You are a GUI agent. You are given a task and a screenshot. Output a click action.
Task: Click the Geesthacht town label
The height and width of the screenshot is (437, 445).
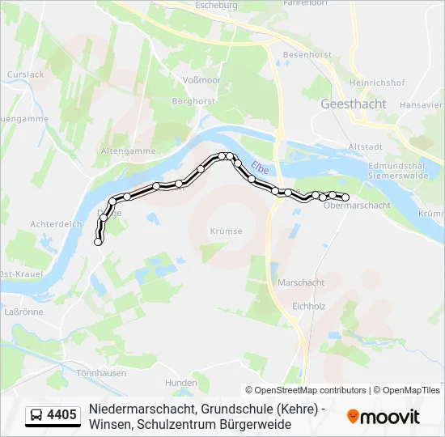pos(353,104)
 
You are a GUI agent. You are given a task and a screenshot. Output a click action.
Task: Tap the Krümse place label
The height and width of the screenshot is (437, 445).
pos(226,231)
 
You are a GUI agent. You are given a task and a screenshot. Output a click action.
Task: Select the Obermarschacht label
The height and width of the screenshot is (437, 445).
pos(356,206)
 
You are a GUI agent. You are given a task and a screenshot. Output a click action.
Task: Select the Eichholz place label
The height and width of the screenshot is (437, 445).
pos(308,307)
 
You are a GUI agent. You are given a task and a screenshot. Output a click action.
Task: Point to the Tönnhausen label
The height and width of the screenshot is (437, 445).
pos(101,373)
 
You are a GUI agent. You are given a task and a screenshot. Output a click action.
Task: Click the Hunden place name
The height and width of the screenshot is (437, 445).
pos(180,382)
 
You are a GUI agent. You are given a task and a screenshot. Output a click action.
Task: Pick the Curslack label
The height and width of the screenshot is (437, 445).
pos(25,74)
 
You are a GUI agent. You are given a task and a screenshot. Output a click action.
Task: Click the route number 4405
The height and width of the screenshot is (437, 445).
pos(61,415)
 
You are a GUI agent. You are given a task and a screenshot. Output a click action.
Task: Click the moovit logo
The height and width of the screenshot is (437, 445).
pos(384,417)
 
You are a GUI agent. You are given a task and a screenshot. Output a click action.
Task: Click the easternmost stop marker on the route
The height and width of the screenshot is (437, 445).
pos(345,197)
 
